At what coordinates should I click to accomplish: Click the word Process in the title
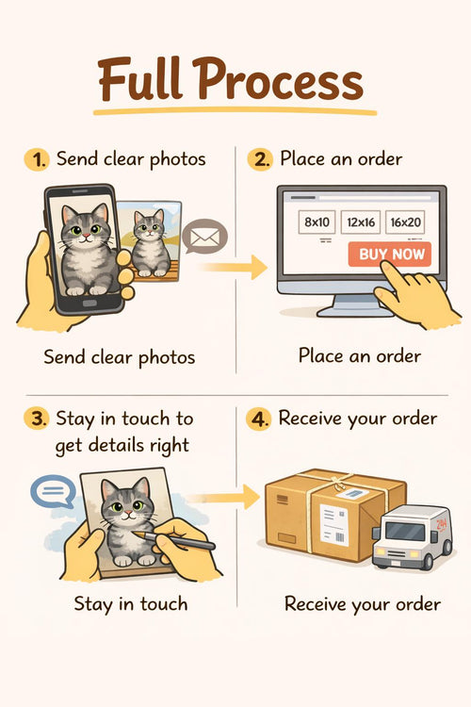278,79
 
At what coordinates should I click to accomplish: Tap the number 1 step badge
37,159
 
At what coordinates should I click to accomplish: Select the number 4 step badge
258,419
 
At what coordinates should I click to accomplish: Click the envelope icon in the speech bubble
205,237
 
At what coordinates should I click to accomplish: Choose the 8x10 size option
317,222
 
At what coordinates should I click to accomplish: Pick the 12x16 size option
361,222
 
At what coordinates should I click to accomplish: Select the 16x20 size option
405,222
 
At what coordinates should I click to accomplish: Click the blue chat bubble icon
53,491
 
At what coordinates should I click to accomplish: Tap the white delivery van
411,536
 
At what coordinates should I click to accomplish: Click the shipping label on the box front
334,524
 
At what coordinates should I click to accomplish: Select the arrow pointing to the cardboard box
224,497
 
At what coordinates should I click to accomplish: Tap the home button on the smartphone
89,303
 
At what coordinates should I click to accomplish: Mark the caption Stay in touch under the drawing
131,603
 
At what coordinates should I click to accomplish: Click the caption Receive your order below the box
363,604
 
